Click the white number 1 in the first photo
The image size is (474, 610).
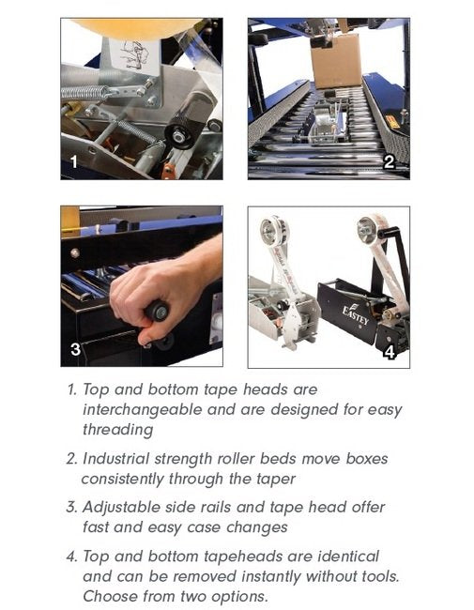tap(74, 161)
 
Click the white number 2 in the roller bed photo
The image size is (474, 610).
tap(390, 161)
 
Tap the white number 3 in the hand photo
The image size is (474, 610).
tap(75, 349)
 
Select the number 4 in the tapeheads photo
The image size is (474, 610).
tap(390, 352)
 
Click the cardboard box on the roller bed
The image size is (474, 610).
tap(337, 61)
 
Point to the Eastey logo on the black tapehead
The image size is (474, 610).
tap(355, 314)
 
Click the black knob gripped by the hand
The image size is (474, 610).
tap(158, 311)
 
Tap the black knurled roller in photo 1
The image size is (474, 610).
tap(189, 123)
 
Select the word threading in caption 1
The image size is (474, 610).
tap(117, 430)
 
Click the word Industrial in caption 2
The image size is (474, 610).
tap(116, 459)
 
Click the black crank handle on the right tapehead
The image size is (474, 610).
tap(390, 234)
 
